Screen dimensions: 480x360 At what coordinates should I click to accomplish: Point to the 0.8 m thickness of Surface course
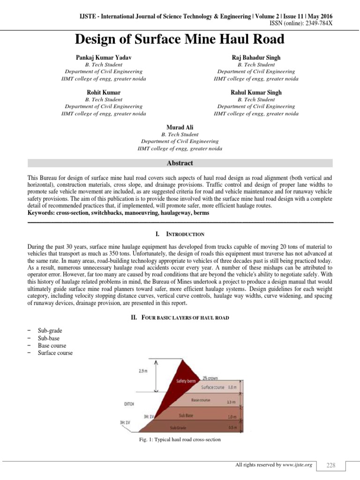point(232,388)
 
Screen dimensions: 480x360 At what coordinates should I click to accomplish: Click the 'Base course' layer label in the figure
point(201,400)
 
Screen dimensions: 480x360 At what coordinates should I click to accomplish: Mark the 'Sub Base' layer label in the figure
point(187,415)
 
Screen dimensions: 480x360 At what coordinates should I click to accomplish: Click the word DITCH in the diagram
point(129,403)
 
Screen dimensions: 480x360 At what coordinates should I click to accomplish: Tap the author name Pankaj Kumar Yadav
point(104,57)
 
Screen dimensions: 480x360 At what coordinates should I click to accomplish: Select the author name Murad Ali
point(180,127)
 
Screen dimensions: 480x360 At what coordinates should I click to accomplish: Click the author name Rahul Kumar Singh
point(256,92)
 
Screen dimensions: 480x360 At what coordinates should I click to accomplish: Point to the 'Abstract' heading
point(180,163)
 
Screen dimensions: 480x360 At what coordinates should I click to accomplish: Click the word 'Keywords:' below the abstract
point(41,213)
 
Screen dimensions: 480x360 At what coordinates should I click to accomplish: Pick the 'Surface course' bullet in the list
point(55,353)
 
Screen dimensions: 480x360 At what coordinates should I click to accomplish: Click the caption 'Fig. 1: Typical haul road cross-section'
point(180,440)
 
